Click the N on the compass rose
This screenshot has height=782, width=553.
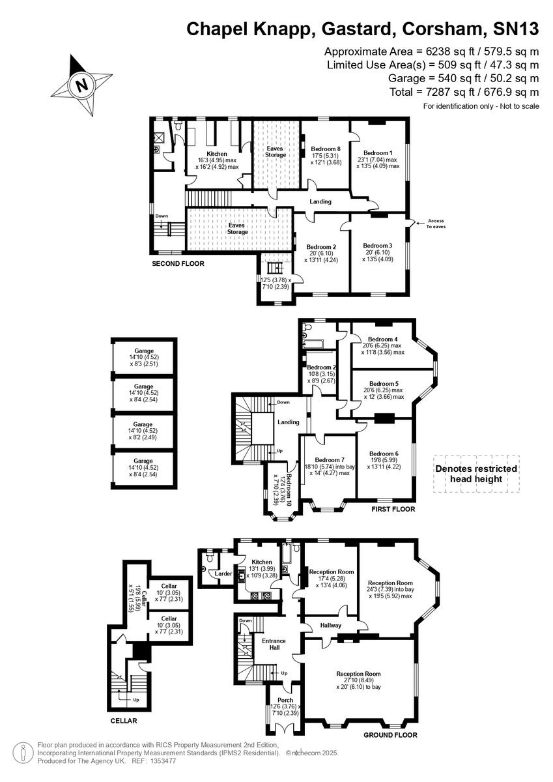pyautogui.click(x=81, y=85)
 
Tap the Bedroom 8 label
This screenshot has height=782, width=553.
pyautogui.click(x=324, y=148)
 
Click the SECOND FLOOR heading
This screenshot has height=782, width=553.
pyautogui.click(x=178, y=264)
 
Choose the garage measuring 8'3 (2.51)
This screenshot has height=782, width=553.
pyautogui.click(x=143, y=356)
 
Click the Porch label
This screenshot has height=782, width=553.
pyautogui.click(x=285, y=701)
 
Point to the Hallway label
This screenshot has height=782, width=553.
pyautogui.click(x=331, y=625)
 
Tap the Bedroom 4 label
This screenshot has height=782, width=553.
pyautogui.click(x=382, y=339)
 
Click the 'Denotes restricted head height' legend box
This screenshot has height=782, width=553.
pyautogui.click(x=476, y=474)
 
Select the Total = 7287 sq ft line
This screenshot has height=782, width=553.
pyautogui.click(x=464, y=91)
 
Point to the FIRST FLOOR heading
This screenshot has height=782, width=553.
pyautogui.click(x=392, y=508)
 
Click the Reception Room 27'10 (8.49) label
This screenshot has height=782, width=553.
pyautogui.click(x=358, y=674)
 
